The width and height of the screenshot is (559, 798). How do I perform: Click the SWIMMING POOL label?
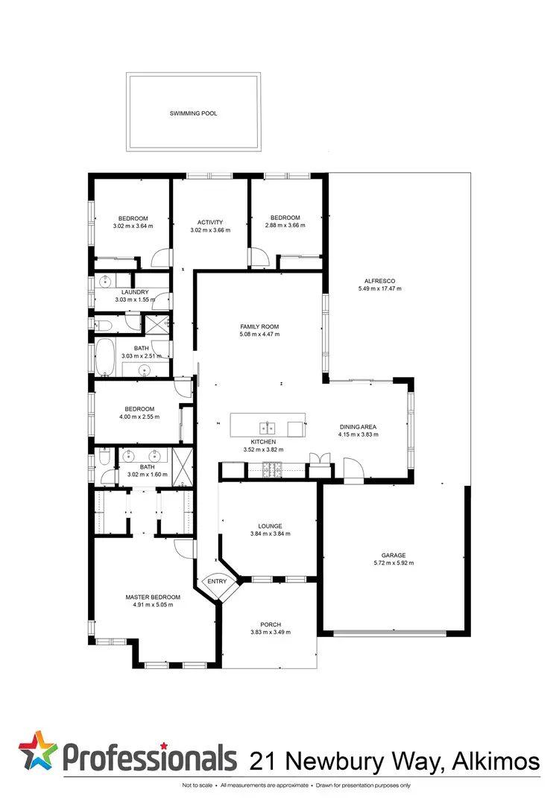coord(193,114)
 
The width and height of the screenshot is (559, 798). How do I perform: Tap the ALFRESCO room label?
coord(379,281)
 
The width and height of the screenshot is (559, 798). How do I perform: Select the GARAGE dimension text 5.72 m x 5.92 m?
coord(394,563)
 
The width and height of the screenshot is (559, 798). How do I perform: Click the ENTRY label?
coord(217,582)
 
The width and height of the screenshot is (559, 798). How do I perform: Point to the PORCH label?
coord(271,624)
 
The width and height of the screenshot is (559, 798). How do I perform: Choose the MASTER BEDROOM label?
coord(153,597)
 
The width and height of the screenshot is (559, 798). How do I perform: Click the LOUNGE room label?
coord(270,525)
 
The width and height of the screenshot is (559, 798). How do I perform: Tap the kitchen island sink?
coord(268,428)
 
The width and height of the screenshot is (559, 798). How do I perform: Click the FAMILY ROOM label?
coord(259,326)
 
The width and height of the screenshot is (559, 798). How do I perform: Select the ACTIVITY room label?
coord(210,222)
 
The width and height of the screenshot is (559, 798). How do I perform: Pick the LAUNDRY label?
coord(136,291)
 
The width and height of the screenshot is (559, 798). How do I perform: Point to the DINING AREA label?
coord(359,426)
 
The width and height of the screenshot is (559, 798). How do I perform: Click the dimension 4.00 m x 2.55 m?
coord(139,417)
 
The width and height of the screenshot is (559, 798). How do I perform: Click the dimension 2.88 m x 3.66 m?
coord(285,225)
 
